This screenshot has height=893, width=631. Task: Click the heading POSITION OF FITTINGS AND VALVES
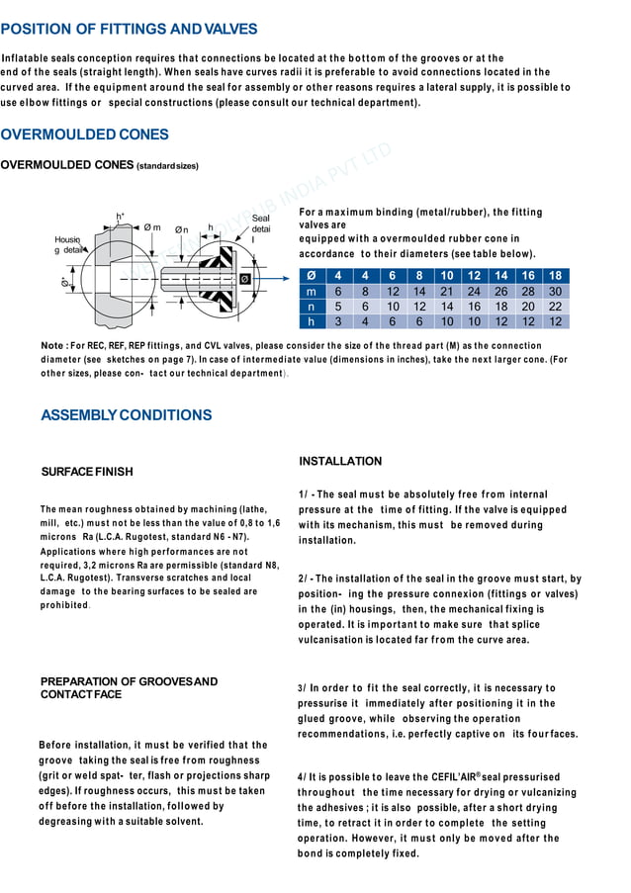pos(130,30)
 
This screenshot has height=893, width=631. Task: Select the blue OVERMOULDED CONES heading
pos(85,134)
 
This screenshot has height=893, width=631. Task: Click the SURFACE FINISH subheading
pos(86,472)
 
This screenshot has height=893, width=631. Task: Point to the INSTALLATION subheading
pos(339,462)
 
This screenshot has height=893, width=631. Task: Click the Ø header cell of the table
pos(312,276)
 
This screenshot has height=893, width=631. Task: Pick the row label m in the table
pos(312,292)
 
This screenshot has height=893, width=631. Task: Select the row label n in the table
pos(312,307)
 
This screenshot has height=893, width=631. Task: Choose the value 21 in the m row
pos(447,292)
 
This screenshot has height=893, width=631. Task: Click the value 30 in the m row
pos(555,292)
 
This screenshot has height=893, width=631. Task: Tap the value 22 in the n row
pos(555,307)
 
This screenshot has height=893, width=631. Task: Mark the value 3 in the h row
pos(338,321)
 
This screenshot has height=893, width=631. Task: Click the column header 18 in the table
pos(555,276)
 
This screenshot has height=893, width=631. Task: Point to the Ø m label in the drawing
pos(152,227)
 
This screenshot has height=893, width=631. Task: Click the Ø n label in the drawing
pos(183,230)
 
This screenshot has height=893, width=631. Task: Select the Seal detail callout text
pos(260,228)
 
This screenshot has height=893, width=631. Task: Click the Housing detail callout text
pos(69,244)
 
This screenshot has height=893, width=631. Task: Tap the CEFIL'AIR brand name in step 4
pos(451,777)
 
